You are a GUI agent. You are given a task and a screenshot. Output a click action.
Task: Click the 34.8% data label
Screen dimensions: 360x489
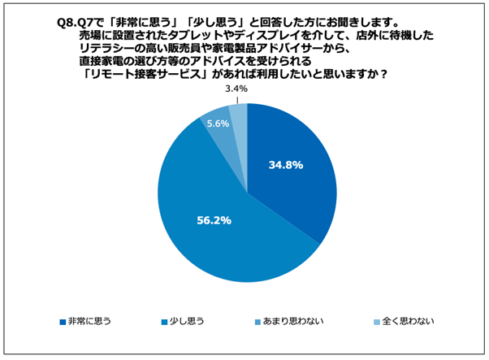tap(285, 165)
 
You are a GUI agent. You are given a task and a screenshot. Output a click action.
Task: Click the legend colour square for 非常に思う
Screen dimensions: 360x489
tap(63, 320)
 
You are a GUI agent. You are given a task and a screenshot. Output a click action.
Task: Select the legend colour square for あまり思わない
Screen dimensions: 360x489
tap(259, 320)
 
